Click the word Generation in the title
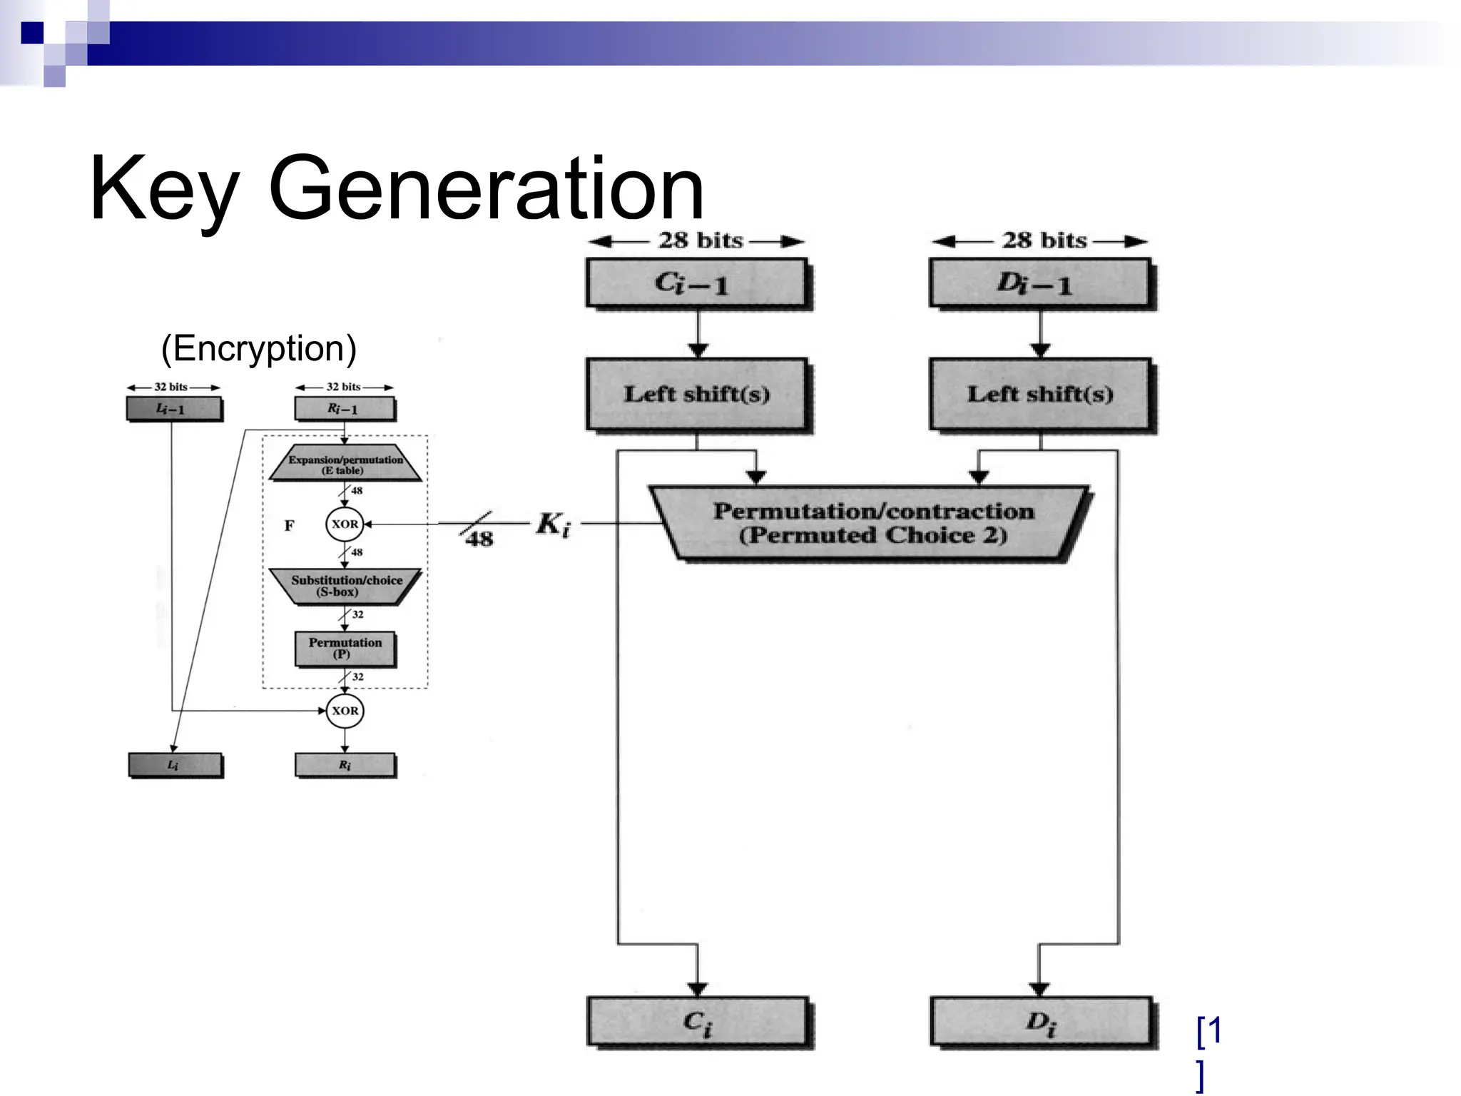click(x=487, y=190)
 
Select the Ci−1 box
click(x=696, y=283)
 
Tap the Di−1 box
click(x=1039, y=283)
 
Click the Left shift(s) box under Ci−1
click(x=696, y=394)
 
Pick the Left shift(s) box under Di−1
click(x=1039, y=394)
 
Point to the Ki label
click(x=553, y=525)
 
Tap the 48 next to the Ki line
click(x=479, y=539)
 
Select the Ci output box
click(x=696, y=1022)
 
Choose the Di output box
click(x=1039, y=1022)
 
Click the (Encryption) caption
click(x=258, y=348)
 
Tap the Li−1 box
click(x=173, y=409)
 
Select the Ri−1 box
click(x=344, y=409)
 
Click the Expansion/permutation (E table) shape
click(x=345, y=465)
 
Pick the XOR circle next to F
click(x=345, y=524)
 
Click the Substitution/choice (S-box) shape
click(x=345, y=586)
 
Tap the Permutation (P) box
click(x=345, y=648)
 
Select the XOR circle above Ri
click(x=345, y=711)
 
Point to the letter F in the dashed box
click(x=289, y=526)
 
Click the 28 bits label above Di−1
click(x=1044, y=240)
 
